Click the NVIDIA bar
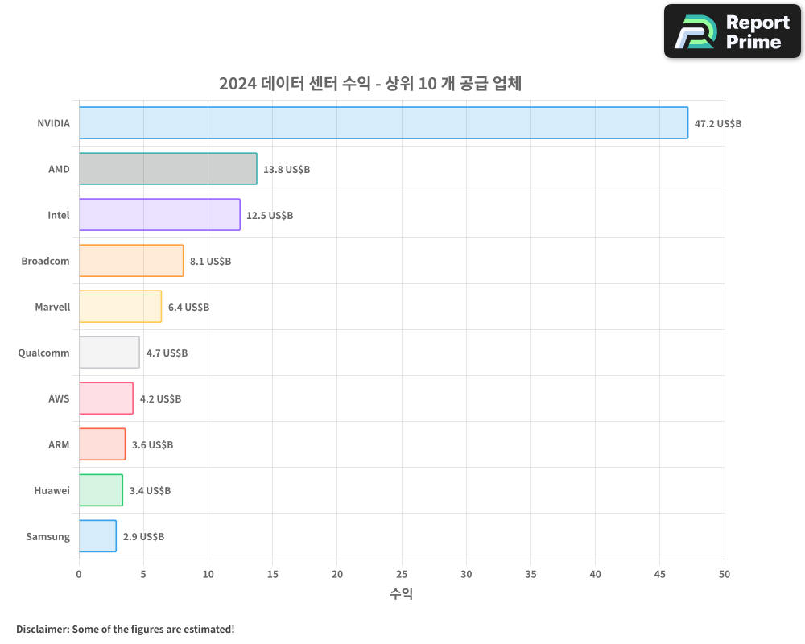pos(383,123)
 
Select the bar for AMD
pos(167,169)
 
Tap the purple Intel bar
pos(159,215)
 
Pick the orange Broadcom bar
pos(131,261)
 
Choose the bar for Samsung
pos(97,536)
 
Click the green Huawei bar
pos(101,490)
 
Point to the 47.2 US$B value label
pos(718,124)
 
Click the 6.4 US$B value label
pos(188,308)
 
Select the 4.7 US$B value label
pos(167,353)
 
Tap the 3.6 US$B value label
pos(152,445)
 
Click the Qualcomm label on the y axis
pos(43,353)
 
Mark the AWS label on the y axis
pos(59,398)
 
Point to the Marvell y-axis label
pos(52,307)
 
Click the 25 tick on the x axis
pos(402,574)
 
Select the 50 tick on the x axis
pos(724,574)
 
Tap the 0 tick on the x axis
pos(79,574)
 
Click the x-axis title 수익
pos(401,594)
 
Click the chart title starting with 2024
pos(370,84)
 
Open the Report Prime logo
pos(733,31)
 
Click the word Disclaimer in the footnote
pos(41,629)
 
